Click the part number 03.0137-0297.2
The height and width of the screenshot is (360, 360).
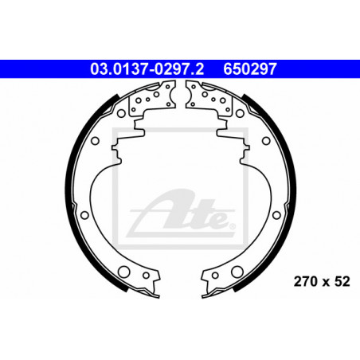[147, 69]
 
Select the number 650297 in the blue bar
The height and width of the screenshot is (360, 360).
[250, 69]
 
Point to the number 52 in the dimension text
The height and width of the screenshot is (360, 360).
[342, 281]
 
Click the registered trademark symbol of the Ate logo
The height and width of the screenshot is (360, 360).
[232, 226]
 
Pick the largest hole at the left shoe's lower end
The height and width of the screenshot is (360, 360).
[123, 272]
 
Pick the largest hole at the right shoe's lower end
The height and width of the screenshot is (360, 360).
[237, 272]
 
